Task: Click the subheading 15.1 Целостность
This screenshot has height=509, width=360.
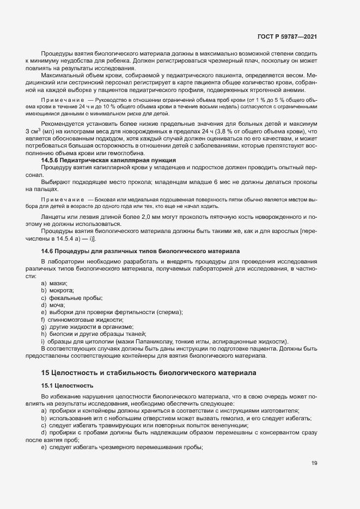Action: click(64, 385)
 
